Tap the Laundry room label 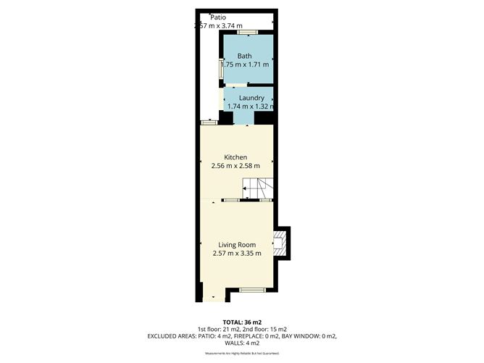(x=251, y=98)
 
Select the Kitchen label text (x=235, y=157)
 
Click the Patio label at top (x=218, y=17)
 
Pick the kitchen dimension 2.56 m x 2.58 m (x=235, y=166)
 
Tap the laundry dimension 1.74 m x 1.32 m (x=251, y=107)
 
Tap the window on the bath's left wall (x=222, y=68)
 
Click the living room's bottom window (x=251, y=289)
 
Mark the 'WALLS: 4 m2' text (x=242, y=343)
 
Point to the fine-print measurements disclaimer (x=242, y=354)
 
